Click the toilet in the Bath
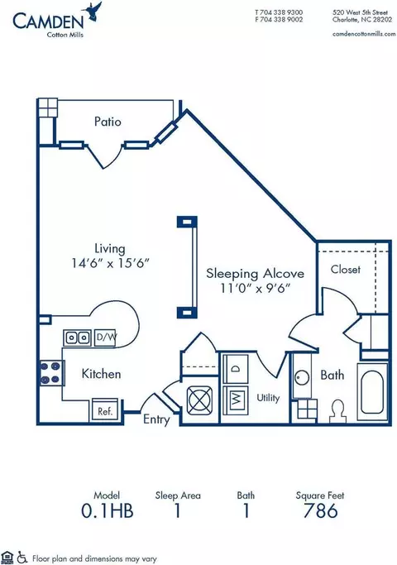[x=338, y=411]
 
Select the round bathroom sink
[x=302, y=378]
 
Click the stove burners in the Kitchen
[x=50, y=373]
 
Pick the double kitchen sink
[x=78, y=338]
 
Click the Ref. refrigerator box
[x=105, y=411]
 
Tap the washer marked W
[x=236, y=399]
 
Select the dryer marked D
[x=236, y=369]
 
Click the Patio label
[x=108, y=122]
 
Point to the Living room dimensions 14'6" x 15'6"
[x=110, y=263]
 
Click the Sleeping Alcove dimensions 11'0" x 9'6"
[x=255, y=288]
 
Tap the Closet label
[x=346, y=269]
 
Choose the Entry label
[x=156, y=419]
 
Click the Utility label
[x=268, y=398]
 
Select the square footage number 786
[x=320, y=510]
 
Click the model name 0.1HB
[x=107, y=510]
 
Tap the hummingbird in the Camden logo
[x=93, y=12]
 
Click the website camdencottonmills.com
[x=364, y=34]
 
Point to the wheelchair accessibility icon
[x=22, y=558]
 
